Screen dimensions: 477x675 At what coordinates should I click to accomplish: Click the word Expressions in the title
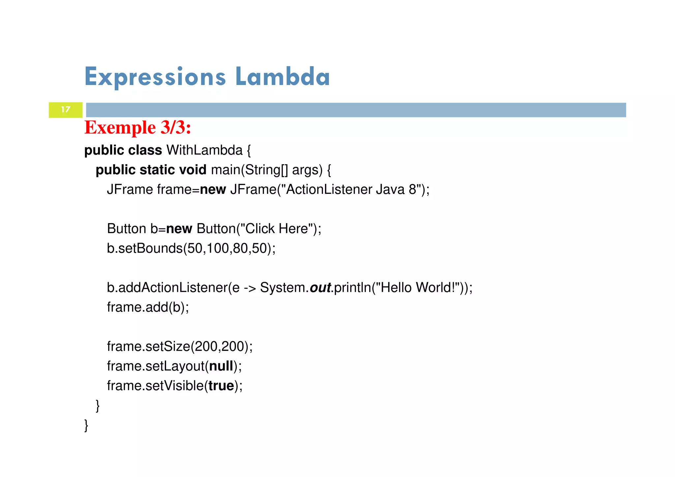tap(155, 77)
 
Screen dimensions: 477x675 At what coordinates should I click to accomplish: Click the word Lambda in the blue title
tap(282, 77)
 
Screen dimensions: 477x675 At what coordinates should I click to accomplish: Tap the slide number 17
tap(66, 109)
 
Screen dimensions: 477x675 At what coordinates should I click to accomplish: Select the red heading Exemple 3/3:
tap(137, 127)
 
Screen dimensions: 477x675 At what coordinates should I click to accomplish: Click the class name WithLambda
tap(204, 150)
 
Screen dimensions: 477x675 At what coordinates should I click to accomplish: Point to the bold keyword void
tap(192, 170)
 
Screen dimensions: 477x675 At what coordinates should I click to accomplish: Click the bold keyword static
tap(157, 170)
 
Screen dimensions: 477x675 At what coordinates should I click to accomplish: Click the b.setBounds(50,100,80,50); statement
tap(191, 248)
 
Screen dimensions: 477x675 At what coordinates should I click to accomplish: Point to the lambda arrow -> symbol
tap(249, 288)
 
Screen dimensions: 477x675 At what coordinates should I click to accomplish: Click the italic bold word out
tap(320, 288)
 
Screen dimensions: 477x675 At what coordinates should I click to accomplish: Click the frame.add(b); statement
tap(148, 307)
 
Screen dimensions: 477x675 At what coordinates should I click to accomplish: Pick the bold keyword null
tap(221, 366)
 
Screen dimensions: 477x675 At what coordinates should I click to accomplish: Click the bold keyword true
tap(221, 386)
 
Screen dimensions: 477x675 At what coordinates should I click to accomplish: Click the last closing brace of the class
tap(86, 425)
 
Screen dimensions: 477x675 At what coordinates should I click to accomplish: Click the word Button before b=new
tap(127, 229)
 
